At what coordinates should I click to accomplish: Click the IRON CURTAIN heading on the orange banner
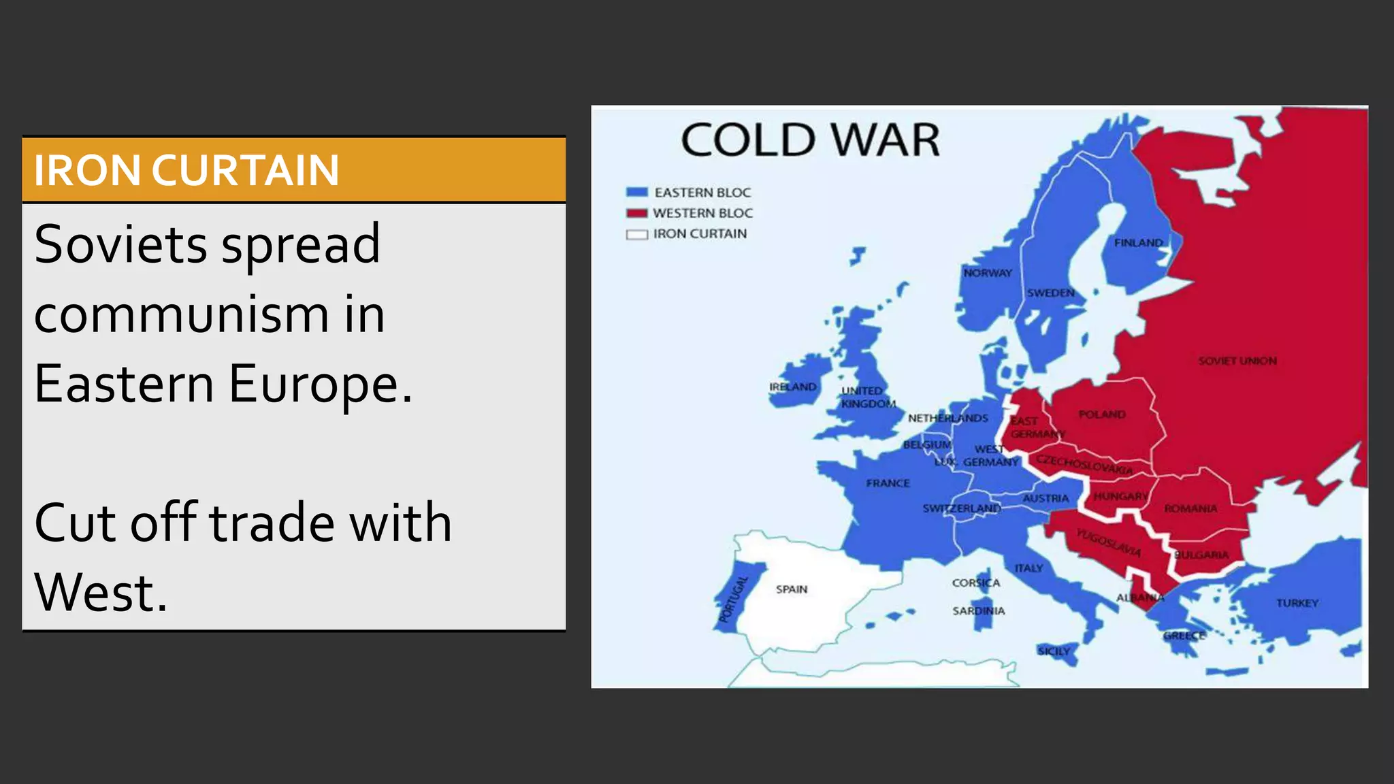[186, 170]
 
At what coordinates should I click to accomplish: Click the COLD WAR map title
[810, 140]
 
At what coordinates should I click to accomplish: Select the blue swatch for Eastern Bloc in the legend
[636, 193]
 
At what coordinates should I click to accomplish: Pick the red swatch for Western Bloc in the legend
[636, 213]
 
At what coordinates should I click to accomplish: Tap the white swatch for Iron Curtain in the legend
[636, 234]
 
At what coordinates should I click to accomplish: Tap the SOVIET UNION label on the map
[1237, 361]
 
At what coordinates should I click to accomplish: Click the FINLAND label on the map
[1138, 243]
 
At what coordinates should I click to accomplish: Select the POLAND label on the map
[1102, 414]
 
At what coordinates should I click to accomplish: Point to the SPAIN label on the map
[792, 589]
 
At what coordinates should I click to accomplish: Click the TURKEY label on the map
[1297, 603]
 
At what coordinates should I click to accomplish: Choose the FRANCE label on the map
[888, 483]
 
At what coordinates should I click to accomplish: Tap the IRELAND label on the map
[792, 387]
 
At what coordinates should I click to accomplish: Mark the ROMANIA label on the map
[1190, 508]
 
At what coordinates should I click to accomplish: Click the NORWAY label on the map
[988, 273]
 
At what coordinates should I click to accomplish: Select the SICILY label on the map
[1054, 651]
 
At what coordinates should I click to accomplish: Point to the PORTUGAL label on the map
[734, 599]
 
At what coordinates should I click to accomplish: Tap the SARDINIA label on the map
[978, 611]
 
